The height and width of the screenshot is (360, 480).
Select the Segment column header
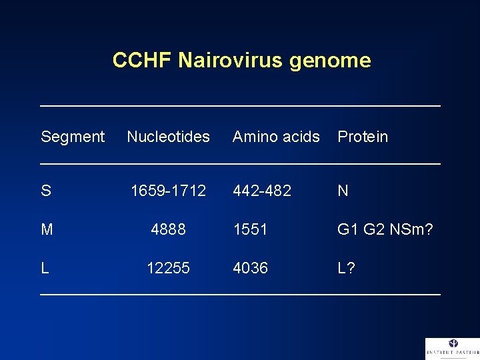[73, 137]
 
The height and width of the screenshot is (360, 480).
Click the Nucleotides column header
[168, 137]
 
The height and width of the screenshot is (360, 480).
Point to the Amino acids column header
[276, 137]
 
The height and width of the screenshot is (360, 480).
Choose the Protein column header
[362, 137]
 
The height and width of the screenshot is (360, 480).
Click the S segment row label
[46, 191]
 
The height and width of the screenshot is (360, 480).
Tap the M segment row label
[47, 230]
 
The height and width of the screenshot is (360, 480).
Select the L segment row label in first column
[45, 268]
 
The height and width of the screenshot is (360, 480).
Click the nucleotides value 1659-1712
[169, 191]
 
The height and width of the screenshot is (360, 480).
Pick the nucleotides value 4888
[169, 230]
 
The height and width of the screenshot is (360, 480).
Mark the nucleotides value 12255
[169, 268]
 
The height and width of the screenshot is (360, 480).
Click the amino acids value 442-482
[262, 191]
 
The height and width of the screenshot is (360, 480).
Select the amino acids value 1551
[250, 230]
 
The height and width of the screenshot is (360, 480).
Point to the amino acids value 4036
[250, 268]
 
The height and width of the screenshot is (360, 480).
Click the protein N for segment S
[343, 191]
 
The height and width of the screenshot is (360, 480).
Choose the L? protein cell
[346, 268]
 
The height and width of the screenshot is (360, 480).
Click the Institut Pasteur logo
[452, 349]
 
